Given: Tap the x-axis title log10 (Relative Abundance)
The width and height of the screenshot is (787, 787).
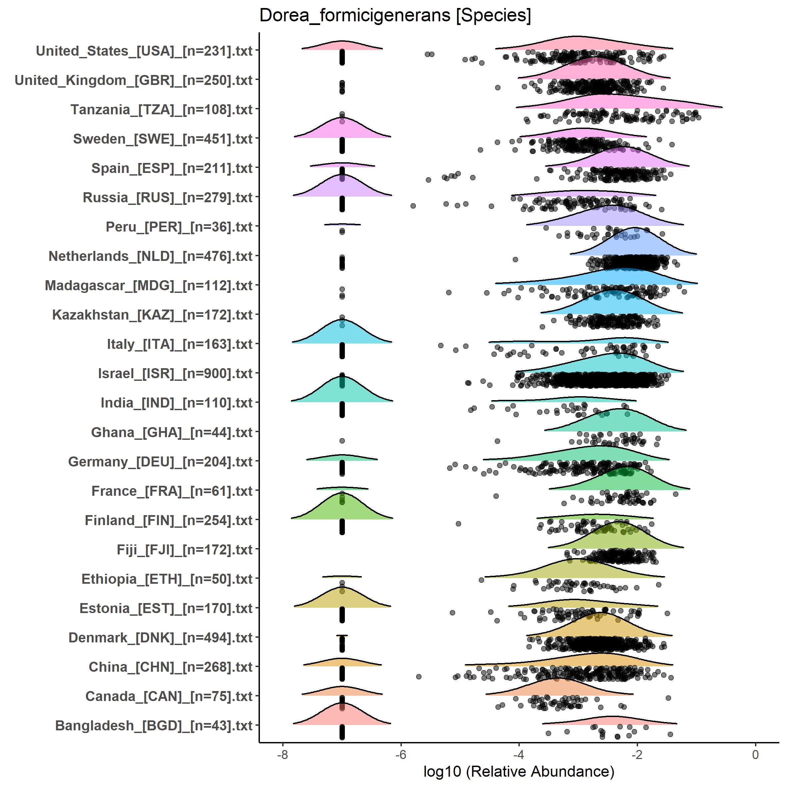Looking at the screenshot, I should (518, 771).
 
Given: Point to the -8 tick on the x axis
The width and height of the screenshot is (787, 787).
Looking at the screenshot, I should (283, 754).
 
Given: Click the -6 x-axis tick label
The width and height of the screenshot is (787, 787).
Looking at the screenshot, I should (401, 754).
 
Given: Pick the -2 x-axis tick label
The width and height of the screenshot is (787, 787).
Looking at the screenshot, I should (637, 754).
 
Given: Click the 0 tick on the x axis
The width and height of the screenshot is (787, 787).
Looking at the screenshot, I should (755, 754).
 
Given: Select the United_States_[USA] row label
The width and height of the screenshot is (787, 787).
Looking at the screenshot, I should (144, 51).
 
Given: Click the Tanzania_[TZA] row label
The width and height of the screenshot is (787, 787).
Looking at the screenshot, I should (162, 110).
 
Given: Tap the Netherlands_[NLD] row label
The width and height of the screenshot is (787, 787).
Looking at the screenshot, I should (151, 256).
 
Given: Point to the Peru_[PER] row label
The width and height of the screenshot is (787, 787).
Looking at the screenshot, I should (179, 227).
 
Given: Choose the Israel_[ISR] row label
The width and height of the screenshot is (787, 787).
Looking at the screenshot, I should (175, 374).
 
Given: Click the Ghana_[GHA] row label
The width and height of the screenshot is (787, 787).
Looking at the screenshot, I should (172, 432).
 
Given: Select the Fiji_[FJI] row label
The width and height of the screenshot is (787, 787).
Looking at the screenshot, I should (185, 549).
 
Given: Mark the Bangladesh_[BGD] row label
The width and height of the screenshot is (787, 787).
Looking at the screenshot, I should (154, 725).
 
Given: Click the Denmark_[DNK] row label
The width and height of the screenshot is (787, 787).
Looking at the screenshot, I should (161, 637).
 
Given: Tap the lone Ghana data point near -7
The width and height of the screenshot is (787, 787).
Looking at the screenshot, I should (342, 441).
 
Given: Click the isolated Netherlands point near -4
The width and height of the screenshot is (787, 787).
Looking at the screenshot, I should (515, 260).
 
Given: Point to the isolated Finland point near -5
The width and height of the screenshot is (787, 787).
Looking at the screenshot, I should (458, 523).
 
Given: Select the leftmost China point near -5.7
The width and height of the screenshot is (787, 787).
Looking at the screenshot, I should (418, 677).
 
